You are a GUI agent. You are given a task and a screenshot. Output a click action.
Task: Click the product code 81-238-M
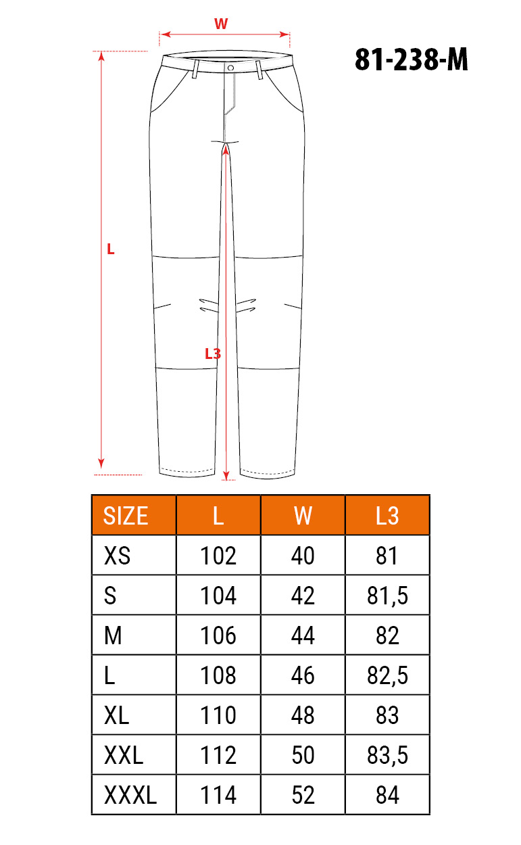[412, 59]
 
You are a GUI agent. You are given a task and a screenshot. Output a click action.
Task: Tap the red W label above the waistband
[221, 24]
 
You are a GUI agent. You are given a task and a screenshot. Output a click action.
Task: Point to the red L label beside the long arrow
[110, 249]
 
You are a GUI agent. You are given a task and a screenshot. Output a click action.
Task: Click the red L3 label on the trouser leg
[213, 354]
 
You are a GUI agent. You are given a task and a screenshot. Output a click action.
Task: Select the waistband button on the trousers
[230, 68]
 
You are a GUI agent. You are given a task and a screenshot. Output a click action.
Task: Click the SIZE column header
[126, 516]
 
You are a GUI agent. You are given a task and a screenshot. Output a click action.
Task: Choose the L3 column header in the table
[387, 516]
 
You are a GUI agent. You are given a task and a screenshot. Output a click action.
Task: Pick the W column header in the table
[303, 516]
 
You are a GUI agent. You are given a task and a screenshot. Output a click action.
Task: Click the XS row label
[117, 556]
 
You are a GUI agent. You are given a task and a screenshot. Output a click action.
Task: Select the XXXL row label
[130, 795]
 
